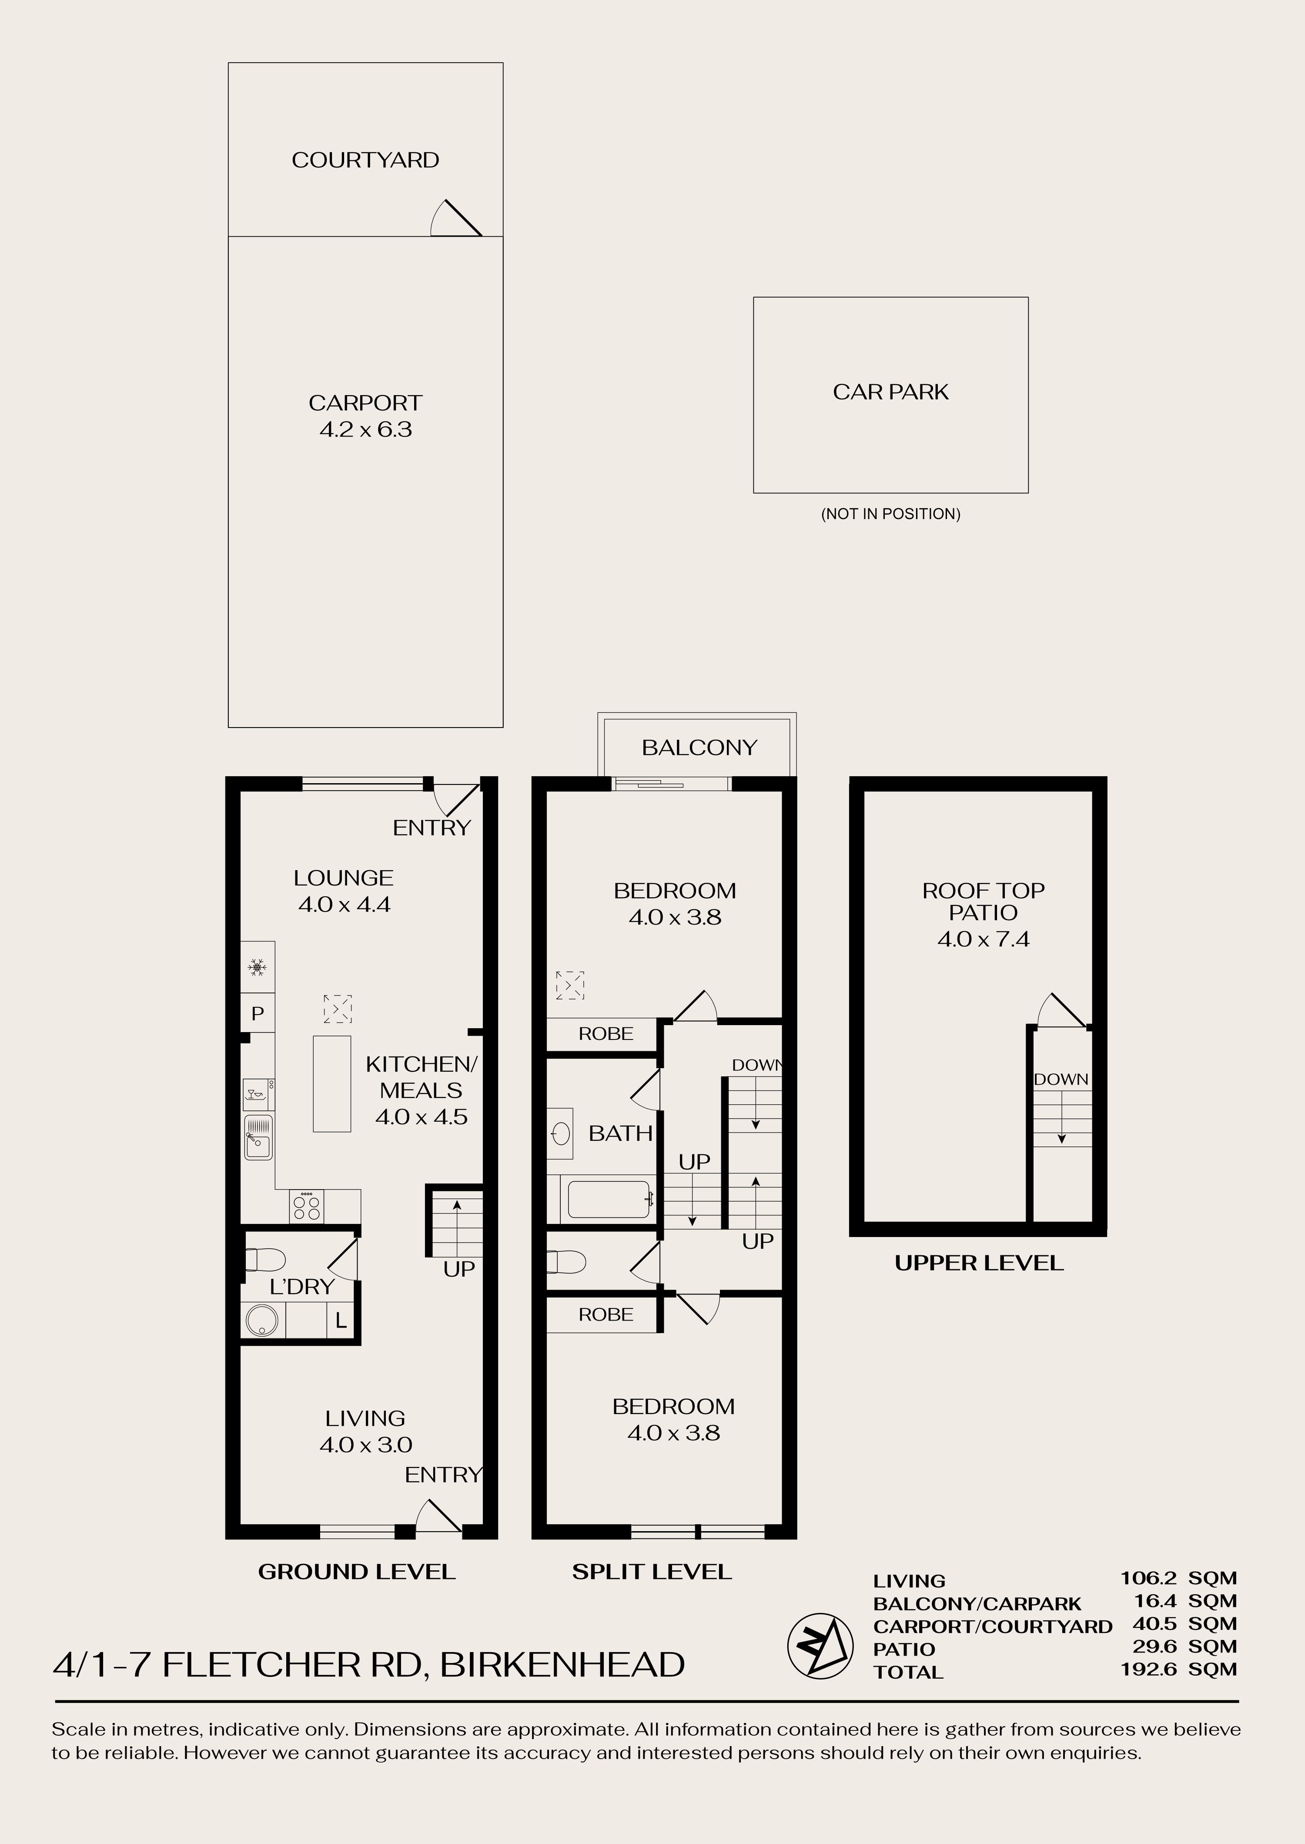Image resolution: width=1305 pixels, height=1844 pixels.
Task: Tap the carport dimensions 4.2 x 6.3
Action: point(366,429)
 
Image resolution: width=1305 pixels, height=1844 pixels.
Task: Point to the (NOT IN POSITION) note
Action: point(890,514)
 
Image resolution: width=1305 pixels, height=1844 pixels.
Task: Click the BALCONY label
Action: point(699,748)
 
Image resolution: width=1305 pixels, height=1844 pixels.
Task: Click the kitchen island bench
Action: point(332,1083)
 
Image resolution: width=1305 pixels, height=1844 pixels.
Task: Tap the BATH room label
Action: point(620,1133)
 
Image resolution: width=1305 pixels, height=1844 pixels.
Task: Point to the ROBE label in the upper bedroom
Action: point(606,1034)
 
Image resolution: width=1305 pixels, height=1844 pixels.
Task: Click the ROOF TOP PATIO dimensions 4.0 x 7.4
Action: point(983,939)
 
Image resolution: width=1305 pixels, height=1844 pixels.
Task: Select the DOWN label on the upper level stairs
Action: point(1061,1080)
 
